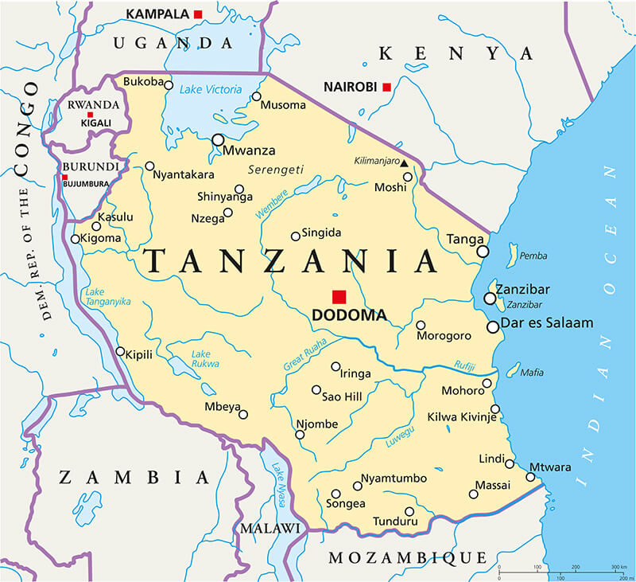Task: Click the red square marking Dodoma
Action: click(x=339, y=296)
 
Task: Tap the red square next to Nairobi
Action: click(x=386, y=87)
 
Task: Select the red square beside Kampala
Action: click(x=198, y=14)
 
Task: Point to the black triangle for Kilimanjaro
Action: click(x=404, y=163)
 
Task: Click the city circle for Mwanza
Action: click(x=218, y=139)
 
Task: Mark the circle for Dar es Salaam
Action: click(x=493, y=326)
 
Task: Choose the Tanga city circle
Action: click(x=483, y=251)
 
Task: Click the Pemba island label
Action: click(x=533, y=256)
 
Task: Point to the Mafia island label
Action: click(x=532, y=372)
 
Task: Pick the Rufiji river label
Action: click(x=465, y=366)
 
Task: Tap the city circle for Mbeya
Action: click(x=243, y=414)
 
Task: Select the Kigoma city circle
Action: click(x=76, y=239)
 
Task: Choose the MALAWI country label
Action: click(x=270, y=529)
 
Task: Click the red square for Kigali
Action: click(x=90, y=115)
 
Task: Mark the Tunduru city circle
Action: click(x=409, y=511)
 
